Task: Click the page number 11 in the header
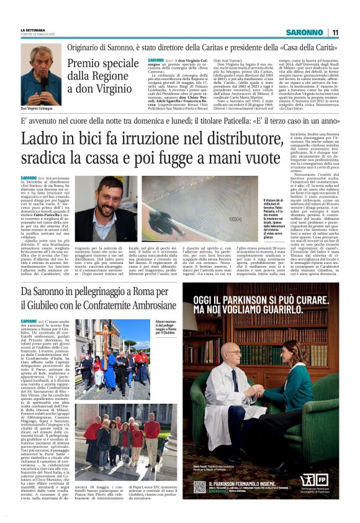(x=335, y=32)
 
